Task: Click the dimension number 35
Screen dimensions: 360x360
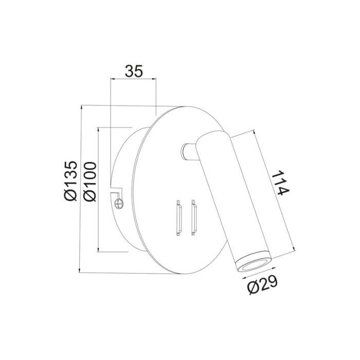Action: point(134,71)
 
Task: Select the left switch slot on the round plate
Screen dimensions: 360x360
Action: point(179,218)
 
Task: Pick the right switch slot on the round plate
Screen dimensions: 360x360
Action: point(193,218)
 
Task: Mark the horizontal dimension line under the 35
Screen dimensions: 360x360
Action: point(134,79)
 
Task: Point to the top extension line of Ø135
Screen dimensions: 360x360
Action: point(118,106)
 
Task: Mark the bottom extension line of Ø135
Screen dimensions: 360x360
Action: point(123,273)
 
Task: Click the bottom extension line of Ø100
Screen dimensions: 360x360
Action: point(113,252)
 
